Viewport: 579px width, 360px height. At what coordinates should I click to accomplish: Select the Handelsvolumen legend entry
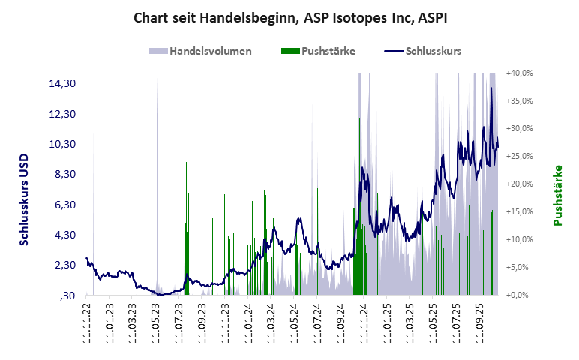tap(209, 52)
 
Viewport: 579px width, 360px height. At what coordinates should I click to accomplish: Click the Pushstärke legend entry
tap(328, 52)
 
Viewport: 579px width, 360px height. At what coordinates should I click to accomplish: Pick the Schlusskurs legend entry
tap(432, 52)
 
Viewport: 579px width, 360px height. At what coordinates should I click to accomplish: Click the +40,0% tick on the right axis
tap(519, 73)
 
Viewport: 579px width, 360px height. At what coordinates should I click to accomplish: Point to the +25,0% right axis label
tap(519, 156)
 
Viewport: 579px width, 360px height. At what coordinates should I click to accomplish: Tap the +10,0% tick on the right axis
tap(519, 239)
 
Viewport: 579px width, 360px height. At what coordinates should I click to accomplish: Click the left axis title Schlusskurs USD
tap(24, 197)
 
